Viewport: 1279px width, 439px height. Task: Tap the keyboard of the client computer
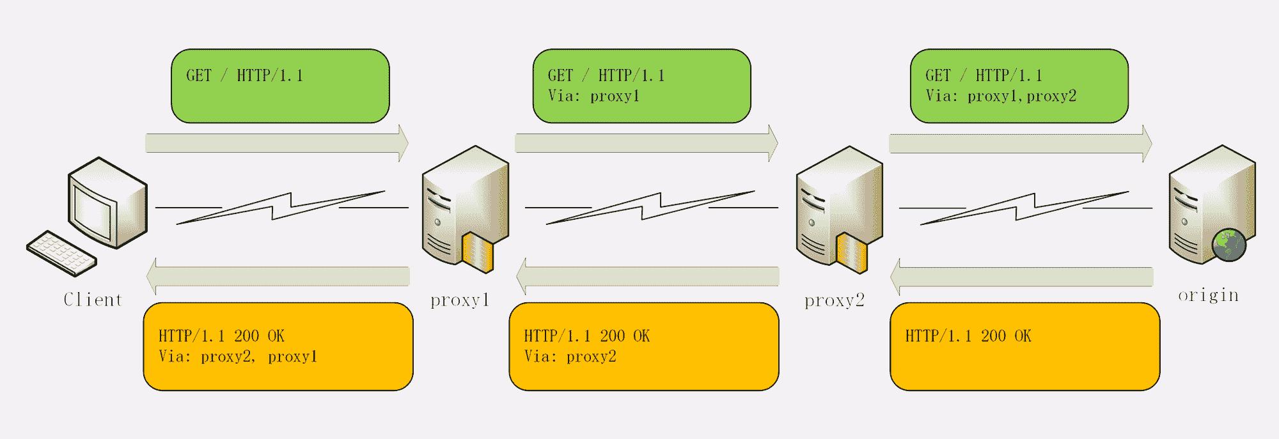pyautogui.click(x=61, y=253)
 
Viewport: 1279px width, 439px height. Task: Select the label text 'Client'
pyautogui.click(x=93, y=300)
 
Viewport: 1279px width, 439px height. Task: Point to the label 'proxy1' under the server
pyautogui.click(x=460, y=300)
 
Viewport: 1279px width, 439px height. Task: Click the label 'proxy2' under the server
pyautogui.click(x=834, y=300)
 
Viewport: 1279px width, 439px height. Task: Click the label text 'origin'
pyautogui.click(x=1208, y=295)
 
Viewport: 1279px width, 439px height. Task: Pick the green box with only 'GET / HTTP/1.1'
pyautogui.click(x=280, y=86)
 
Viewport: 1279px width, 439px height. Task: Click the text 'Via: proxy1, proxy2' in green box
pyautogui.click(x=1001, y=96)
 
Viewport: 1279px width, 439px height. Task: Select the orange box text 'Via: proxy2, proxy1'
pyautogui.click(x=238, y=357)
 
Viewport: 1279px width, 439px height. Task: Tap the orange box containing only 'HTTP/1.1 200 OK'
pyautogui.click(x=1024, y=346)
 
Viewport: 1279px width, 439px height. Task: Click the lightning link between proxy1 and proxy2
pyautogui.click(x=651, y=207)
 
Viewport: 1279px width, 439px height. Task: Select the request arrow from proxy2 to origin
pyautogui.click(x=1020, y=144)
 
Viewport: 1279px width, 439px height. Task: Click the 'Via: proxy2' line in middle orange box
pyautogui.click(x=570, y=357)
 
